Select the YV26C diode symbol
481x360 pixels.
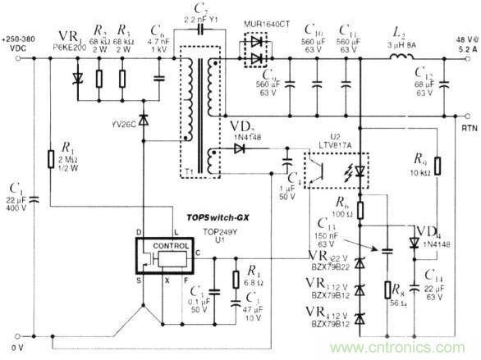145,120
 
